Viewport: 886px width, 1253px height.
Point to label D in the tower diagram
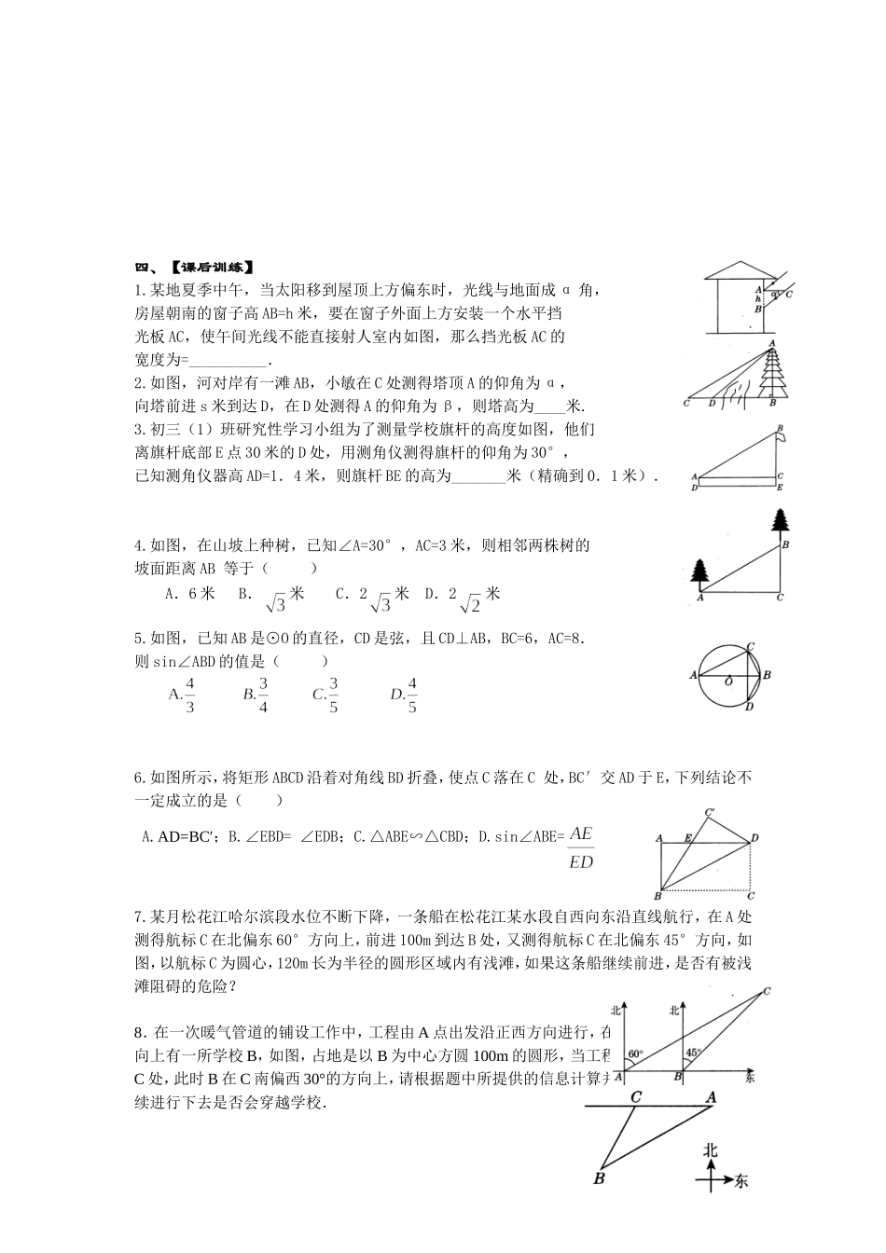tap(712, 404)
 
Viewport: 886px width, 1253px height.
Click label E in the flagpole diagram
tap(780, 487)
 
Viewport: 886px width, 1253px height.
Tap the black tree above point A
tap(699, 571)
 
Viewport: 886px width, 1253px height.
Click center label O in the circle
tap(728, 682)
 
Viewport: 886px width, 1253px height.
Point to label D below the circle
tap(749, 708)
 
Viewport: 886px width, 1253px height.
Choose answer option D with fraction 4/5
tap(404, 695)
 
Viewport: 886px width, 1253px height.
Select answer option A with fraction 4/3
tap(182, 695)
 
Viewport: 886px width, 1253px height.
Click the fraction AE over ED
tap(580, 847)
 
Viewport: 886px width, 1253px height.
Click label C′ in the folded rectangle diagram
tap(710, 811)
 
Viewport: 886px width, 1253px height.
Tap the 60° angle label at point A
tap(634, 1054)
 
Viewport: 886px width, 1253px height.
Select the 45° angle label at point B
tap(693, 1053)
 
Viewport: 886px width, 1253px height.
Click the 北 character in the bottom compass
tap(711, 1151)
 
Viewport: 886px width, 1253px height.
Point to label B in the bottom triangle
tap(599, 1178)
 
